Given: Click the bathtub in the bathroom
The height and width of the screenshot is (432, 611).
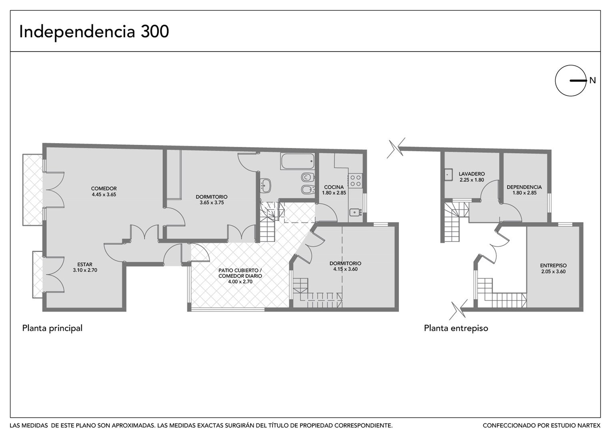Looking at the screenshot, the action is pyautogui.click(x=297, y=161).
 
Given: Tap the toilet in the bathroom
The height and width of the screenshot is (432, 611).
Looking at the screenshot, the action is pyautogui.click(x=307, y=177).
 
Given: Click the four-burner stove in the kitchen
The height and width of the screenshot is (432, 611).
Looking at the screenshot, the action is pyautogui.click(x=355, y=180).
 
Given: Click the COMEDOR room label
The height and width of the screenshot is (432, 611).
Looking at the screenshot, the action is pyautogui.click(x=104, y=188).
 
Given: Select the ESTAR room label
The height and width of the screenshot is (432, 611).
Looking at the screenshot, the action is pyautogui.click(x=85, y=264).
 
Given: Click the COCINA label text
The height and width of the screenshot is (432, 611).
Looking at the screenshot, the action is pyautogui.click(x=334, y=187).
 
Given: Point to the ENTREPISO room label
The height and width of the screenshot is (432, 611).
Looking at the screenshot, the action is pyautogui.click(x=553, y=265).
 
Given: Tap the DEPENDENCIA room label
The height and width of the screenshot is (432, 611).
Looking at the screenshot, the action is pyautogui.click(x=524, y=187).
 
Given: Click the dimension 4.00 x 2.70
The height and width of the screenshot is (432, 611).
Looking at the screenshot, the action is pyautogui.click(x=240, y=282).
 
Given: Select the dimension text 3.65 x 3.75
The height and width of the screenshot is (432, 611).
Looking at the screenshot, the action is pyautogui.click(x=212, y=203).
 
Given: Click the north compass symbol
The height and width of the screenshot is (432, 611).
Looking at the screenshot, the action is pyautogui.click(x=571, y=80).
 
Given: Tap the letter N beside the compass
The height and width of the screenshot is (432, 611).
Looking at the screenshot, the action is pyautogui.click(x=593, y=80).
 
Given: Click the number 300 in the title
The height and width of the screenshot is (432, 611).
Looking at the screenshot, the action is pyautogui.click(x=155, y=32).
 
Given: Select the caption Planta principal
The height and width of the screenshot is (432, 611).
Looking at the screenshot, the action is pyautogui.click(x=52, y=328).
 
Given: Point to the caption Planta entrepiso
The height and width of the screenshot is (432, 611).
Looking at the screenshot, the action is pyautogui.click(x=456, y=328).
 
